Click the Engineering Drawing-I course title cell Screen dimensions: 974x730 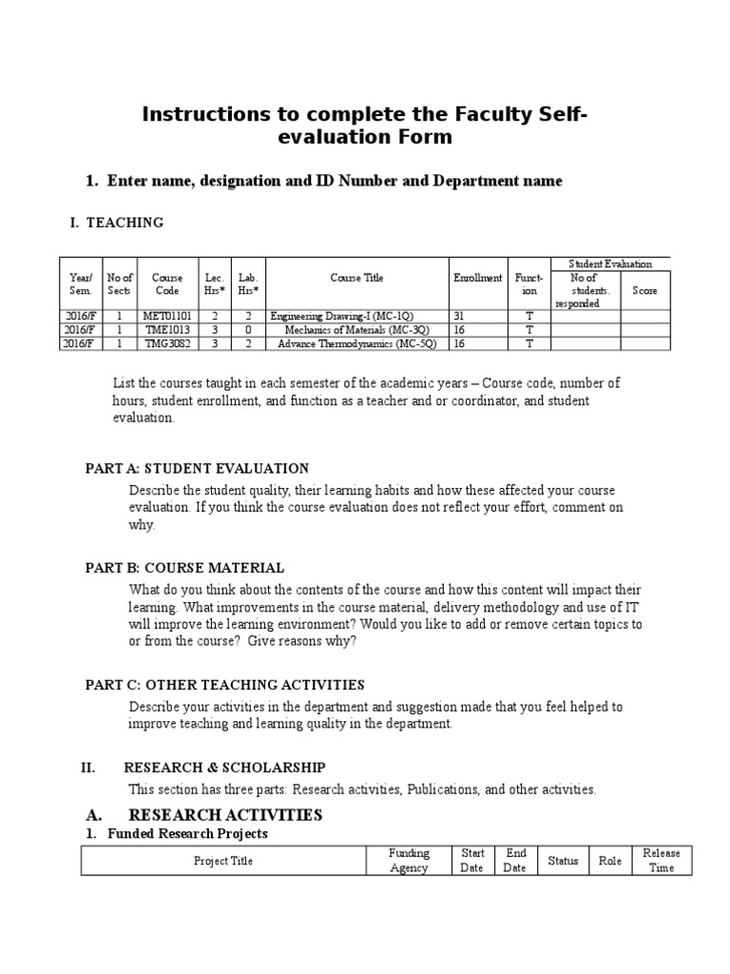tap(342, 316)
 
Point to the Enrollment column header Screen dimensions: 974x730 tap(478, 278)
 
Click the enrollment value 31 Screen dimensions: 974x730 tap(459, 316)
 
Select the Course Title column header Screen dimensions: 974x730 tap(357, 278)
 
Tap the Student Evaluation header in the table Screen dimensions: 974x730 tap(610, 263)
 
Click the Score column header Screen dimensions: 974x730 tap(644, 290)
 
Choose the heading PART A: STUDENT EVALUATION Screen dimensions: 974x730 tap(197, 468)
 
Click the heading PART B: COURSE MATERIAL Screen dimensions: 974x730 tap(184, 568)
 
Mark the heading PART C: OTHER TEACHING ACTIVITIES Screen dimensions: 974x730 tap(224, 685)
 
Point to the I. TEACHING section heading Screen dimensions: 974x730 tap(116, 223)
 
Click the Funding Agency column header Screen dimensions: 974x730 tap(410, 861)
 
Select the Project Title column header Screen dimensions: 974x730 tap(223, 861)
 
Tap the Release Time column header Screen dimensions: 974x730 tap(662, 861)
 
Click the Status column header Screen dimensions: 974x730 tap(563, 861)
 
